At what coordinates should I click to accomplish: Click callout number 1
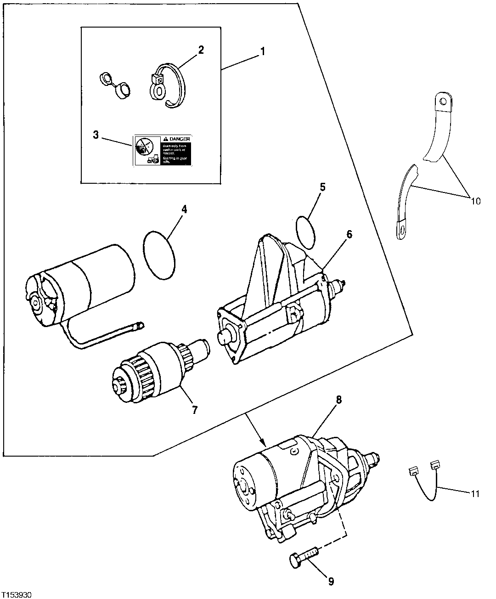(x=262, y=51)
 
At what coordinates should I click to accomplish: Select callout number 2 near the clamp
(x=201, y=50)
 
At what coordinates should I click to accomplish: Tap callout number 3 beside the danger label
(x=96, y=135)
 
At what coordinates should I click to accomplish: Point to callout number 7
(x=194, y=410)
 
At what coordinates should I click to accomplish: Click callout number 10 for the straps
(x=475, y=201)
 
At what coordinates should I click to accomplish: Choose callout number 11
(x=475, y=494)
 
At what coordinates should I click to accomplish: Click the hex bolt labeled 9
(x=304, y=555)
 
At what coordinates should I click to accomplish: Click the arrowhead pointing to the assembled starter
(x=263, y=444)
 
